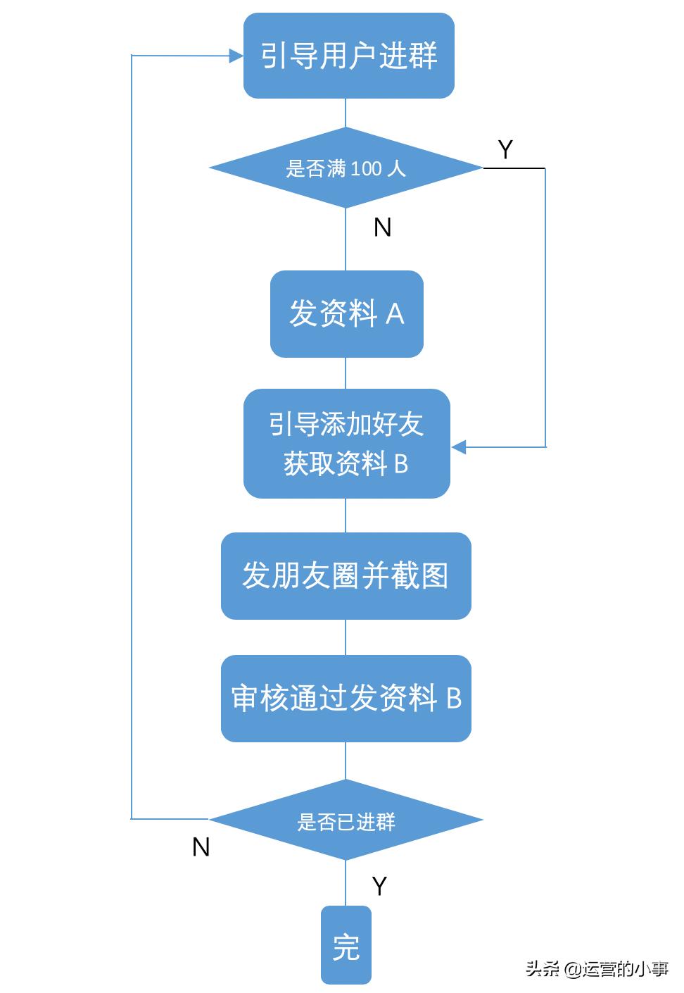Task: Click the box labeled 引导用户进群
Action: coord(348,56)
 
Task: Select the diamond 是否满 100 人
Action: coord(346,168)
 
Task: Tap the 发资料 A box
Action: coord(346,313)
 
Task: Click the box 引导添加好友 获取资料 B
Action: coord(346,444)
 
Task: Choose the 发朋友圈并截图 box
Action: coord(346,576)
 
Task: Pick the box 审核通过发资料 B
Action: coord(346,698)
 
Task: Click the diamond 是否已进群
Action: coord(346,820)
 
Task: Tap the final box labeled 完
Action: coord(346,945)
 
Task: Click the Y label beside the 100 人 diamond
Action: coord(505,149)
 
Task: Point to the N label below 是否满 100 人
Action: coord(382,227)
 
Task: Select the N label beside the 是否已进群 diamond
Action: coord(201,847)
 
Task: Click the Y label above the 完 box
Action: coord(379,886)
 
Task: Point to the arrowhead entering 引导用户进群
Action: coord(236,56)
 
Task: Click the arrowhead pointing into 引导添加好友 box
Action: coord(459,446)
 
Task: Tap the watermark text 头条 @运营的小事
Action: coord(597,969)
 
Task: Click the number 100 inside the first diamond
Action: coord(366,169)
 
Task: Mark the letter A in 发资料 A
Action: coord(395,314)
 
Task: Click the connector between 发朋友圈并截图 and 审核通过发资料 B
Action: coord(346,637)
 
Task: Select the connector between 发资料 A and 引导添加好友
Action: coord(346,373)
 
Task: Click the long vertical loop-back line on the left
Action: coord(132,437)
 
